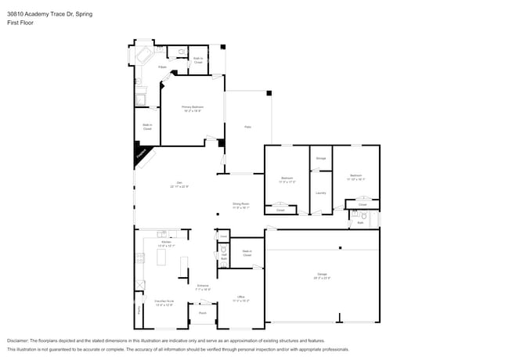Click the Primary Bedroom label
coord(192,109)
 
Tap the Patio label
coord(247,127)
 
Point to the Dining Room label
coord(240,205)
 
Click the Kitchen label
coord(166,243)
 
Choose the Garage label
coord(322,275)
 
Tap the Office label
coord(241,298)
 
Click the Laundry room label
coord(321,193)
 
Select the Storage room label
coord(321,158)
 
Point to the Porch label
coord(202,313)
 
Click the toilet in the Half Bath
coord(223,251)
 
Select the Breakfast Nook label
coord(163,303)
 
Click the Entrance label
coord(203,287)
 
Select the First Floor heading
coord(20,23)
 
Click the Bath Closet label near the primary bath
coord(198,60)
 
